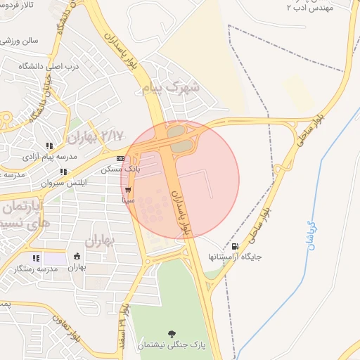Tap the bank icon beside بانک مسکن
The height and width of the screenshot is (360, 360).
[x=122, y=159]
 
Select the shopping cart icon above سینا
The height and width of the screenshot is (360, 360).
[x=127, y=190]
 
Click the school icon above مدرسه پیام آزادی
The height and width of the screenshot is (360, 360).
[x=50, y=146]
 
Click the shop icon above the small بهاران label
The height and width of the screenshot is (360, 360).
[x=77, y=257]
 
